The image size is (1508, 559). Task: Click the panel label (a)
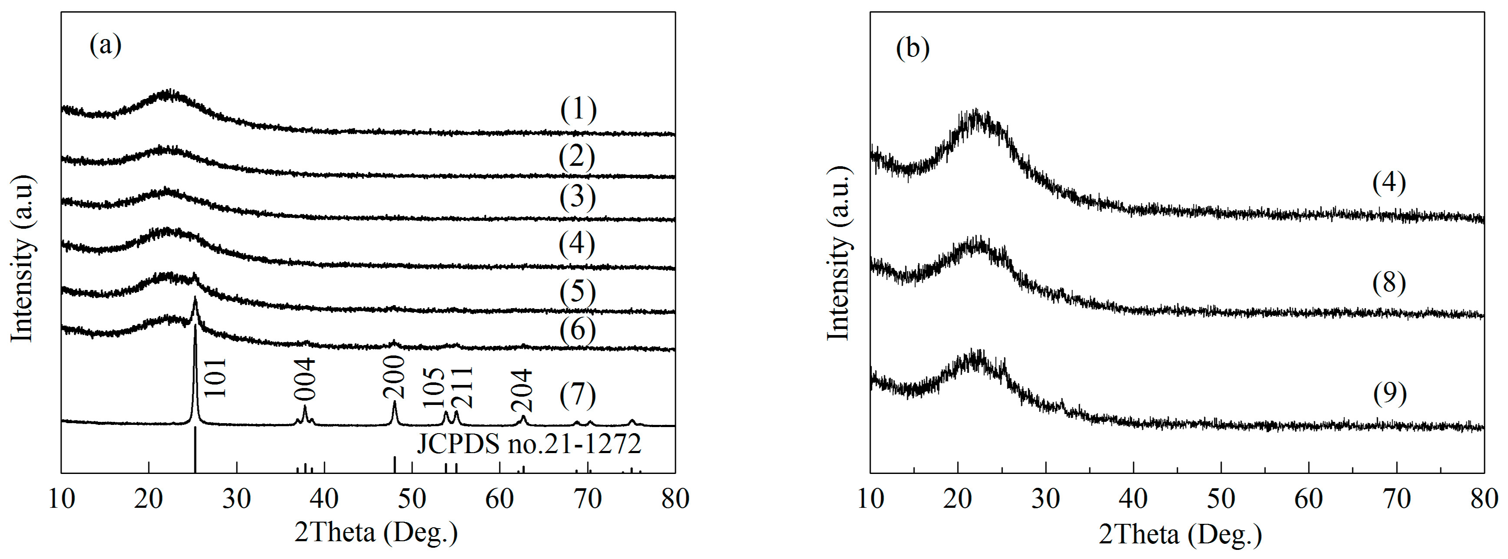coord(105,46)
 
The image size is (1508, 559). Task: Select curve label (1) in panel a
coord(578,110)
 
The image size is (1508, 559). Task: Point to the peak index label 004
coord(305,379)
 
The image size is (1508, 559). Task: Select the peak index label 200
coord(394,378)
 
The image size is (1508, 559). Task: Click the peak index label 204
coord(521,389)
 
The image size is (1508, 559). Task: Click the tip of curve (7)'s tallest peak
coord(195,326)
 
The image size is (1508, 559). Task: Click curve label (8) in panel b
coord(1389,283)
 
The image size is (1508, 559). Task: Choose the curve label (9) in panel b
coord(1389,394)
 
